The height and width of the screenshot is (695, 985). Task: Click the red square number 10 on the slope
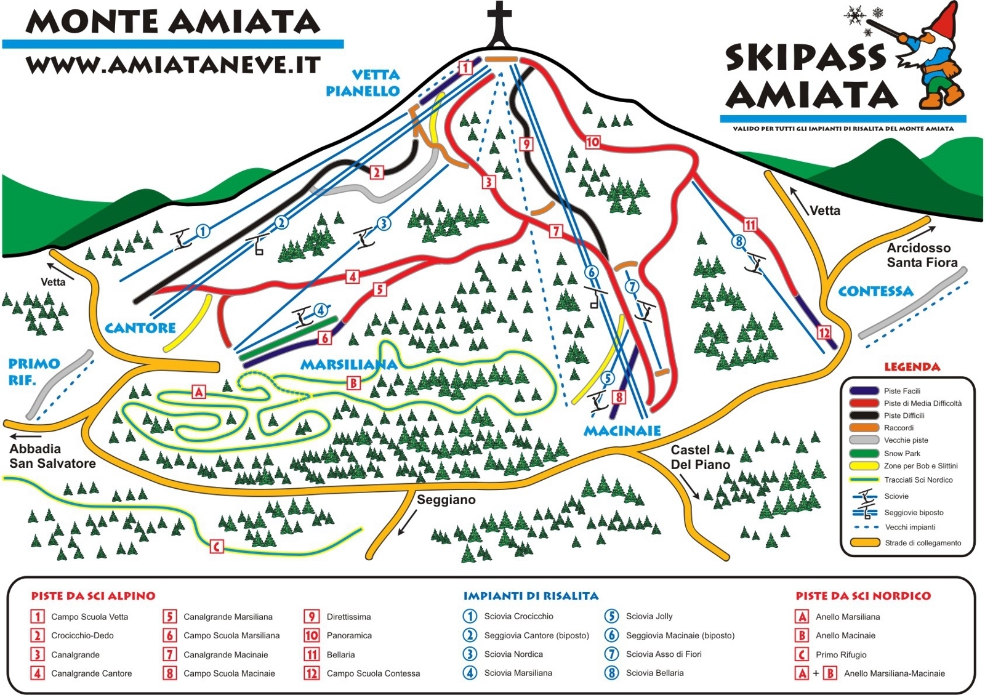tap(592, 142)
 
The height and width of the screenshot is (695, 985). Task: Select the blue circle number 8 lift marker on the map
tap(739, 241)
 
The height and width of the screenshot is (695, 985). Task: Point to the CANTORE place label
tap(140, 328)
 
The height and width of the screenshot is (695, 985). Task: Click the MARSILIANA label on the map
tap(348, 365)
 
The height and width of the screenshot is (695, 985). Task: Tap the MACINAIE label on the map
tap(622, 431)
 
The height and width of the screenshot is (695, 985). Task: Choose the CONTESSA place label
tap(875, 291)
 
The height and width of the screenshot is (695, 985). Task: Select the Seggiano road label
tap(446, 500)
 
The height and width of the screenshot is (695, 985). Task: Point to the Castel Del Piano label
tap(700, 457)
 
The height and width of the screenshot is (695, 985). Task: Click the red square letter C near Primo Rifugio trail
tap(217, 547)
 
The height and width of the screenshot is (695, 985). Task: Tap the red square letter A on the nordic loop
tap(198, 392)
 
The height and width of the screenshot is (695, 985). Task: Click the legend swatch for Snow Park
tap(864, 454)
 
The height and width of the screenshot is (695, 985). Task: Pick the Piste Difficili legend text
tap(904, 416)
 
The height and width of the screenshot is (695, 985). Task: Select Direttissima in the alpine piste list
tap(348, 617)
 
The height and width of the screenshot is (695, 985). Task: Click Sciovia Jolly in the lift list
tap(649, 616)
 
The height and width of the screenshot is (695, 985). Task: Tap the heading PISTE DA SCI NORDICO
tap(863, 596)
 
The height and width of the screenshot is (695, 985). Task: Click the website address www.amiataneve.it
tap(173, 65)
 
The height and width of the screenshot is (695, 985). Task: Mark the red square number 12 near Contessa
tap(824, 333)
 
